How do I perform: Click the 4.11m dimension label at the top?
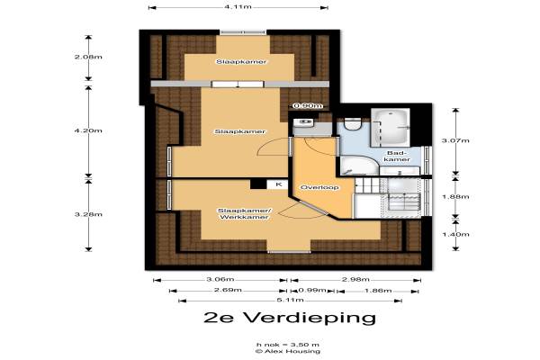[238, 6]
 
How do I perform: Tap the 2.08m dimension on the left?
[88, 57]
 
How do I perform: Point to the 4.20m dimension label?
[88, 130]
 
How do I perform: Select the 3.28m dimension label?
[88, 214]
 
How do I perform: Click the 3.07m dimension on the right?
[455, 140]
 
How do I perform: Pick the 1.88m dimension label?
[455, 197]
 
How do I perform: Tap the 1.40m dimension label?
[455, 234]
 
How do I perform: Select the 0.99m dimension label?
[312, 290]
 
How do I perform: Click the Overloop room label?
[319, 187]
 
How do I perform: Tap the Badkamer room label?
[397, 156]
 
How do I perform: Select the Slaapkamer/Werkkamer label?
[245, 214]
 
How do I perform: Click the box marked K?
[278, 184]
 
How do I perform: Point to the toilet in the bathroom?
[352, 124]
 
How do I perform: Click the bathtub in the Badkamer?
[391, 127]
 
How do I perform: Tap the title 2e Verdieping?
[289, 318]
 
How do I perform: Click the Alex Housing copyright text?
[288, 351]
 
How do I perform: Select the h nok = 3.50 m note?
[288, 345]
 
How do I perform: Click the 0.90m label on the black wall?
[308, 106]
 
